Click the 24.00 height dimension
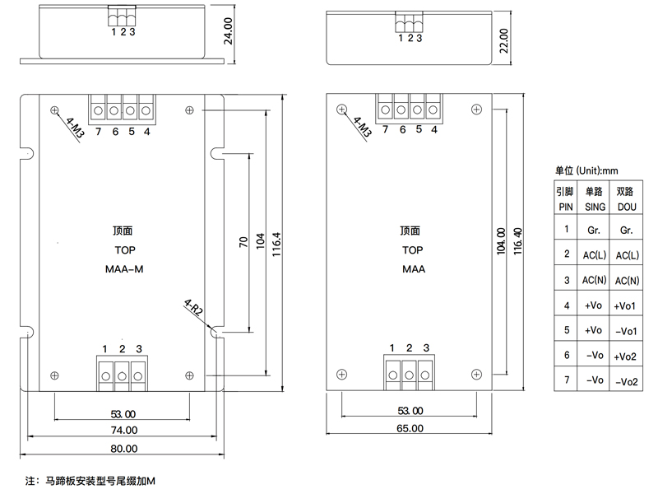[x=228, y=31]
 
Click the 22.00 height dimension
[x=504, y=40]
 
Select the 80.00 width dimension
[x=124, y=449]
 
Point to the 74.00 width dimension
[x=124, y=430]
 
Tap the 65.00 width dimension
[x=410, y=428]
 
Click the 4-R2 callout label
[x=193, y=307]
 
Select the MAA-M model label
[x=124, y=269]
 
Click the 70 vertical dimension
[x=243, y=242]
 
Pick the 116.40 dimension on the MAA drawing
[x=518, y=241]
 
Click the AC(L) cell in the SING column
[x=594, y=255]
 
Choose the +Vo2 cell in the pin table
[x=625, y=357]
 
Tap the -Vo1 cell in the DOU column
[x=626, y=332]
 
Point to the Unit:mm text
[x=597, y=170]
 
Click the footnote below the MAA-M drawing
[x=90, y=481]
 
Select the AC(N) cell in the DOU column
[x=627, y=281]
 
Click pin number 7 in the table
[x=567, y=380]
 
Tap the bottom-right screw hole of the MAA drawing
[x=477, y=375]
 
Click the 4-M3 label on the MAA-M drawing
[x=75, y=128]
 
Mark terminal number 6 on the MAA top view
[x=403, y=130]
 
